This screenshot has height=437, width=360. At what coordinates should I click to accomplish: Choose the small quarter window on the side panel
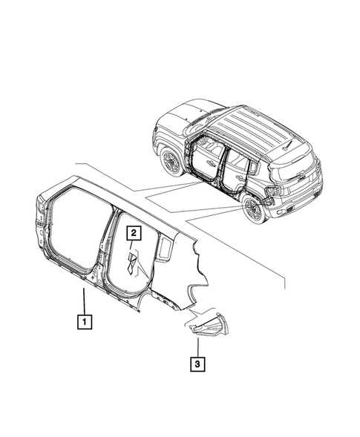[x=165, y=251]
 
